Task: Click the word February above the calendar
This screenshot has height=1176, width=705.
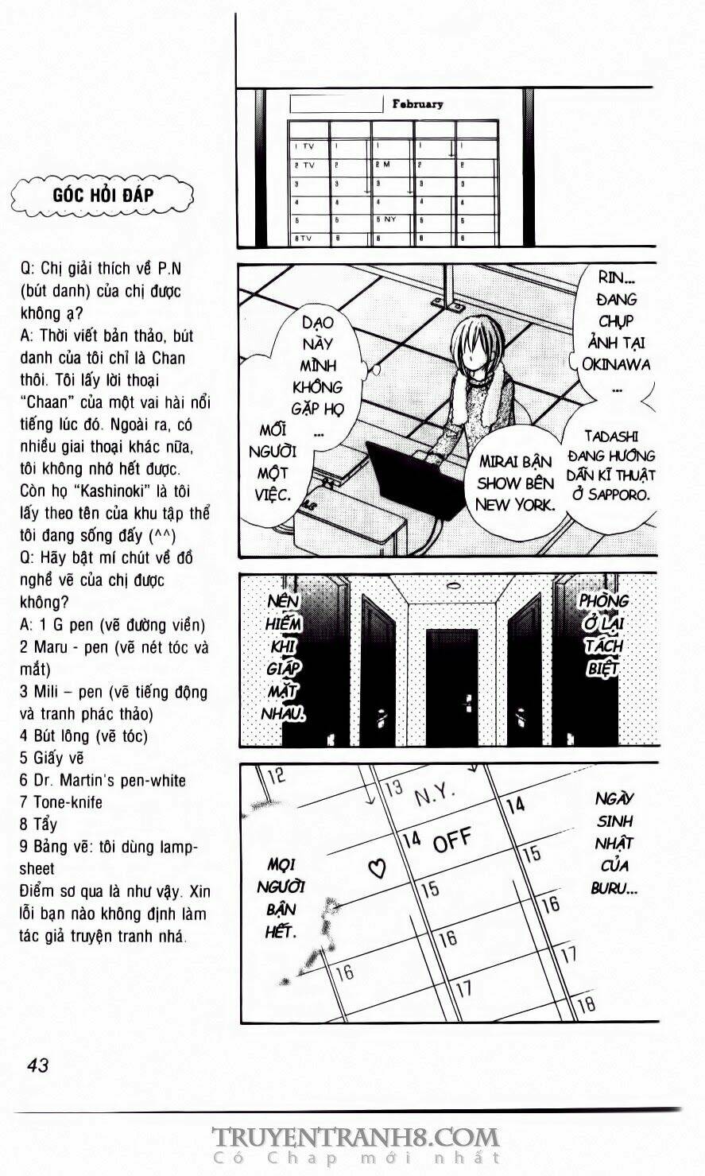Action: click(x=417, y=103)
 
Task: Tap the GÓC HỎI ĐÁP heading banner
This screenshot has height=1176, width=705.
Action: click(x=103, y=195)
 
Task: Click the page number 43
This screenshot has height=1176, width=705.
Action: click(x=37, y=1065)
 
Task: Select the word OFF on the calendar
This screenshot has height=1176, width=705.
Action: click(x=451, y=840)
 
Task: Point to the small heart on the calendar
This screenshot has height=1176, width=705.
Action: click(x=378, y=867)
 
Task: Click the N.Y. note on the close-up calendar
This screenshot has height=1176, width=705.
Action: click(x=433, y=794)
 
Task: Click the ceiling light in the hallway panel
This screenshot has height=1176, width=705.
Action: click(x=453, y=586)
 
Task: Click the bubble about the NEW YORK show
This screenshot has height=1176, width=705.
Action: click(x=516, y=483)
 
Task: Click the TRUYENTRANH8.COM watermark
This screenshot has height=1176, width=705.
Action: click(x=354, y=1137)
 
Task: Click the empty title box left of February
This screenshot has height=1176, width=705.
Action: click(x=337, y=104)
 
